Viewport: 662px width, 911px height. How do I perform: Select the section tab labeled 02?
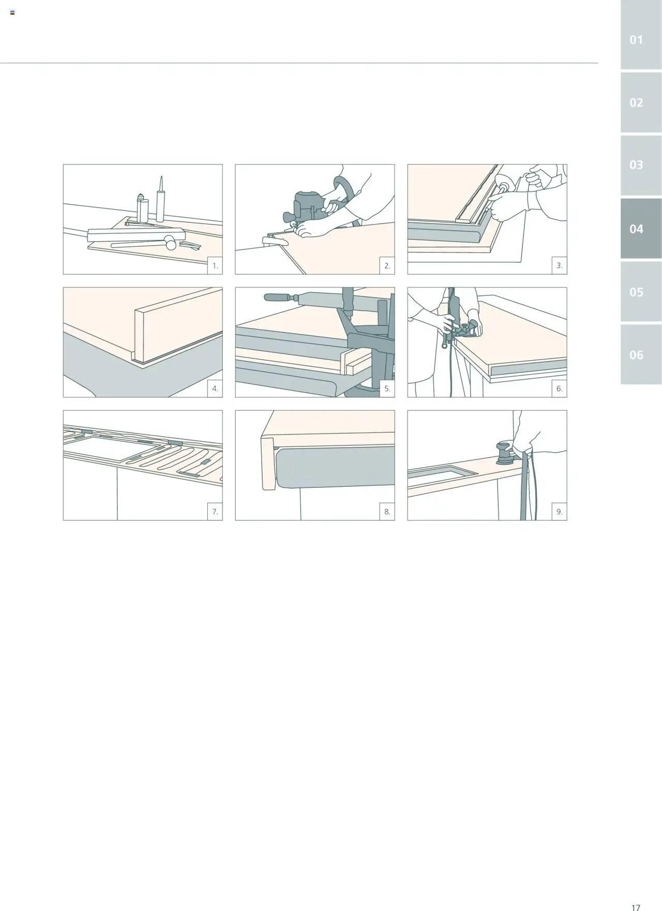coord(641,102)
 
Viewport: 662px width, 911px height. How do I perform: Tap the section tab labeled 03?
coord(641,165)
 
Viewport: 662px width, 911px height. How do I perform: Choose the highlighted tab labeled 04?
coord(641,229)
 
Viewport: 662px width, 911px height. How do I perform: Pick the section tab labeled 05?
coord(641,292)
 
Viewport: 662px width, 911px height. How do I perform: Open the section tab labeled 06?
coord(641,355)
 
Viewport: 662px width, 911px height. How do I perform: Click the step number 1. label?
coord(215,266)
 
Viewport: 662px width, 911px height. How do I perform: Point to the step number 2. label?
coord(387,266)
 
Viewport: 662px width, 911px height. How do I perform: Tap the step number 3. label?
coord(560,266)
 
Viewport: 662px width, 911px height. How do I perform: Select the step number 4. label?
coord(215,389)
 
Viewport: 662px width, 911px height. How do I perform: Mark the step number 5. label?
coord(387,389)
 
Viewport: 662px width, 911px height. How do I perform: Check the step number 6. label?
coord(560,389)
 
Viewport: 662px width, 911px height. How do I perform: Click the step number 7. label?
coord(215,512)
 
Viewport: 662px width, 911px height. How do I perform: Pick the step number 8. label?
coord(387,512)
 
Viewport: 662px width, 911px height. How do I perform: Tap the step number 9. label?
coord(560,512)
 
